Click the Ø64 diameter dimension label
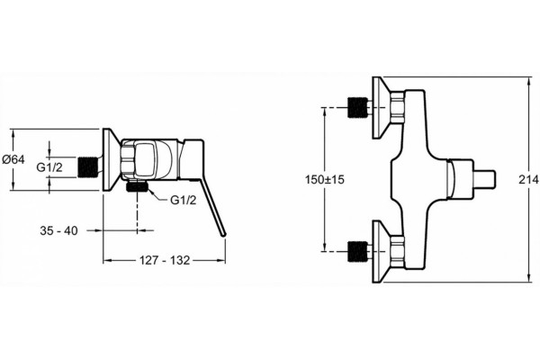(x=13, y=159)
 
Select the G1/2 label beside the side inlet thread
(x=49, y=167)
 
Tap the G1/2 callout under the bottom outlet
(x=184, y=200)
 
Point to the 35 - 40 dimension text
(x=58, y=230)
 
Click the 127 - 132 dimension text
(x=165, y=260)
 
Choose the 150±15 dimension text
(x=324, y=179)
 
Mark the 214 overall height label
(x=528, y=179)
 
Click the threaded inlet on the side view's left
(x=86, y=167)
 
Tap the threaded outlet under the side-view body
(x=137, y=186)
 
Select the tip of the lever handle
(x=223, y=234)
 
